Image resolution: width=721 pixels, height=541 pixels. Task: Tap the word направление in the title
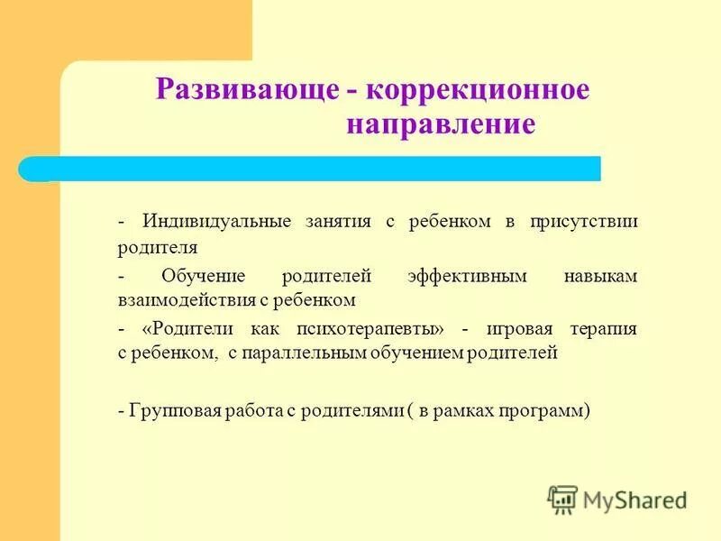tap(441, 124)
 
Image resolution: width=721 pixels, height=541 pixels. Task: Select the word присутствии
tap(584, 222)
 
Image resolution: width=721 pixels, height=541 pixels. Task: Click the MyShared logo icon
tap(562, 498)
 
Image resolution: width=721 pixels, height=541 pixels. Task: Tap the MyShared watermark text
tap(635, 499)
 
